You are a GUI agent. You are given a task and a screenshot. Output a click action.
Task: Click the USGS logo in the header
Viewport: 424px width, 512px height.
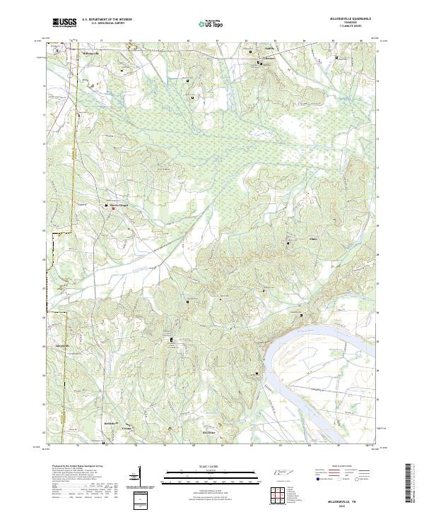point(64,23)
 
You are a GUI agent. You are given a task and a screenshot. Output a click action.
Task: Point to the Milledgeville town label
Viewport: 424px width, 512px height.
point(92,53)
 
